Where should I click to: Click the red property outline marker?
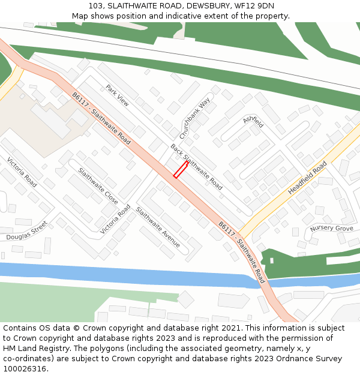pyautogui.click(x=181, y=169)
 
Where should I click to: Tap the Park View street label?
pyautogui.click(x=117, y=95)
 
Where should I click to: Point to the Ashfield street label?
pyautogui.click(x=253, y=121)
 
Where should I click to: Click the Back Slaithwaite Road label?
pyautogui.click(x=196, y=167)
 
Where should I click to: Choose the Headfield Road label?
pyautogui.click(x=307, y=177)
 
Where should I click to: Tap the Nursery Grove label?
pyautogui.click(x=332, y=229)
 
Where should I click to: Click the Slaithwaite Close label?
pyautogui.click(x=98, y=185)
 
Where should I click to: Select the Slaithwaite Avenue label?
pyautogui.click(x=158, y=227)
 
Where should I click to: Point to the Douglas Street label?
pyautogui.click(x=26, y=231)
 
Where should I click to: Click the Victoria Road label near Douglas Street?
pyautogui.click(x=22, y=172)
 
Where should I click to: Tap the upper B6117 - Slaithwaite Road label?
pyautogui.click(x=101, y=119)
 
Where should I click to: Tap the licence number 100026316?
pyautogui.click(x=25, y=369)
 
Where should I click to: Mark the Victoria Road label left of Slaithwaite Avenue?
pyautogui.click(x=115, y=219)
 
